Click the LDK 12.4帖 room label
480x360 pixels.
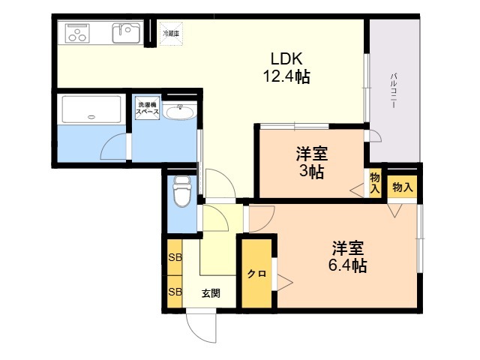tap(286, 68)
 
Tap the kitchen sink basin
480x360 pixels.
tap(126, 33)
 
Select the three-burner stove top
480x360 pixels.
tap(78, 33)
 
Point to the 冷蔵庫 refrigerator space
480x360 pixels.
tap(171, 33)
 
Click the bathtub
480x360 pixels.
tap(91, 109)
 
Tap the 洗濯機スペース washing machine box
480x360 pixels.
tap(148, 108)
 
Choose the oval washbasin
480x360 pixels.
tap(179, 112)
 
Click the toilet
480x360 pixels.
tap(182, 191)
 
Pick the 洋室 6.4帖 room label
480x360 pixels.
tap(348, 256)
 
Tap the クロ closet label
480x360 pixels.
tap(256, 274)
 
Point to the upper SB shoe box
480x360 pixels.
tap(175, 257)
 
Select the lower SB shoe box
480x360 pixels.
tap(175, 292)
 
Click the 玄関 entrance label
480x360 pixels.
tap(211, 293)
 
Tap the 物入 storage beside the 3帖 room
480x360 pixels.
tap(375, 183)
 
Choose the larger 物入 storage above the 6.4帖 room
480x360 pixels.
tap(402, 187)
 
